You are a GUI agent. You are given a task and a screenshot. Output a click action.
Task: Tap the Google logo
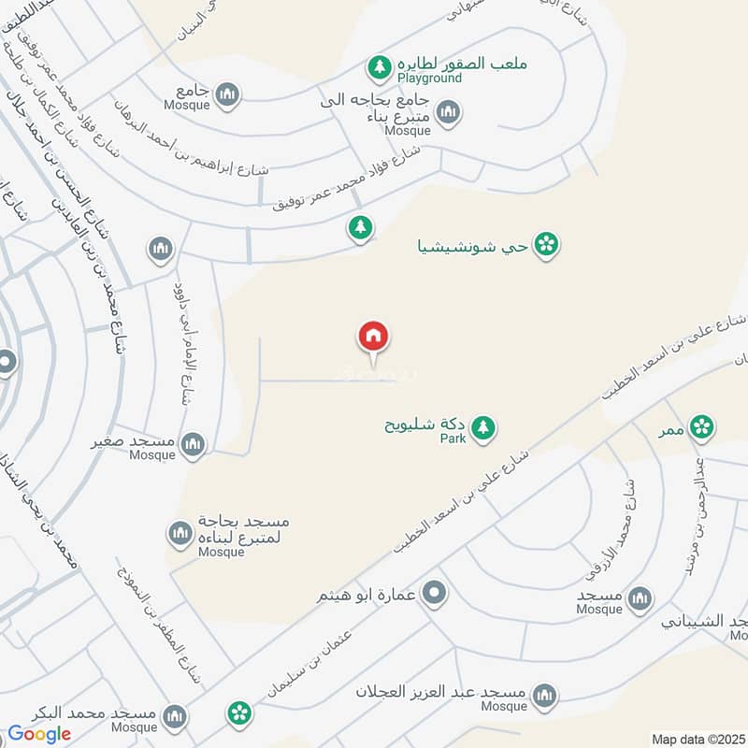[39, 734]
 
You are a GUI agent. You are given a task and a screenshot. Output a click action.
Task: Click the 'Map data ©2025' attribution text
[698, 739]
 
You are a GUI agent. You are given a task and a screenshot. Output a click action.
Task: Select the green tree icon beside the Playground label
[379, 66]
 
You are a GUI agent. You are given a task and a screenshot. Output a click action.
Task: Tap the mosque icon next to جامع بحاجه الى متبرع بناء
[449, 113]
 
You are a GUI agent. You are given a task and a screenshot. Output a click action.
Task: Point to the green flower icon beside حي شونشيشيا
[548, 246]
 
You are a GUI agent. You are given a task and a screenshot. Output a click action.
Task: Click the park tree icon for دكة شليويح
[482, 428]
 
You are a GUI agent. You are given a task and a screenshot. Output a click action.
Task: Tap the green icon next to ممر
[700, 427]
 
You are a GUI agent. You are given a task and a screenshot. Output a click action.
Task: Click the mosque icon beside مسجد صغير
[194, 444]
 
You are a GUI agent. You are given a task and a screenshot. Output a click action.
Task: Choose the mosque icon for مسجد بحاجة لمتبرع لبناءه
[180, 534]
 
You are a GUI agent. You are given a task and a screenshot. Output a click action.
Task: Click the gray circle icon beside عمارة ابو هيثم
[434, 592]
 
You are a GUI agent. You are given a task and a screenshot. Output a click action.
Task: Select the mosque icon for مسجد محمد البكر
[173, 717]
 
